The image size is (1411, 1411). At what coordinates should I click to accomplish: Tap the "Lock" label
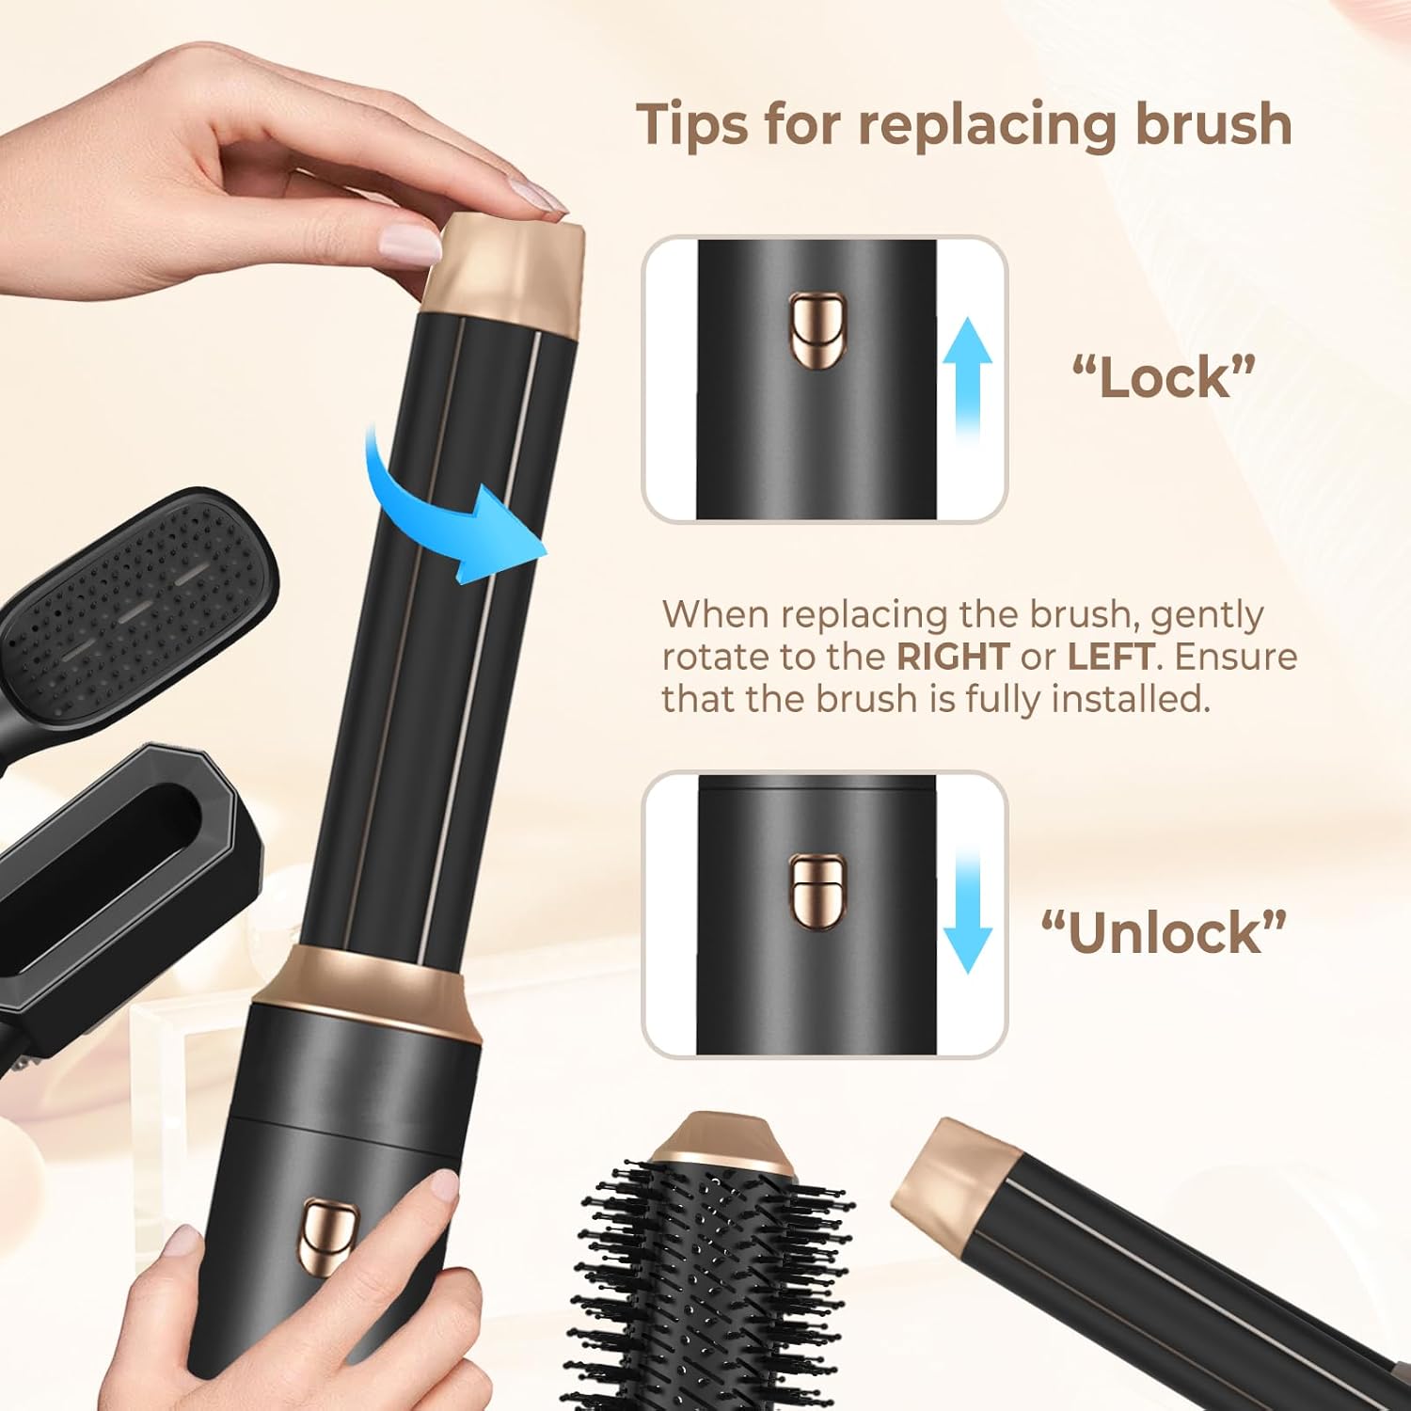tap(1164, 377)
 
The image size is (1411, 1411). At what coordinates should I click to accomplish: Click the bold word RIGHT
tap(953, 657)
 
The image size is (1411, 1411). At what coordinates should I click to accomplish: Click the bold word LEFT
tap(1110, 657)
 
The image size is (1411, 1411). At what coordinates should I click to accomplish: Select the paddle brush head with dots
tap(141, 583)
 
